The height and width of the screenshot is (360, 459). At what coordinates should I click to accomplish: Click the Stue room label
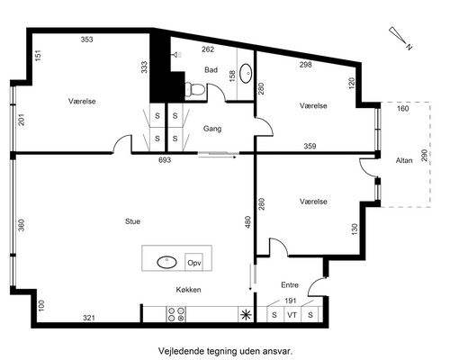[x=132, y=221]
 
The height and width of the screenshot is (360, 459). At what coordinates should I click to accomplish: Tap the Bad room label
[x=211, y=70]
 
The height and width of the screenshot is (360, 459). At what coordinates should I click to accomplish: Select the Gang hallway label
[x=212, y=129]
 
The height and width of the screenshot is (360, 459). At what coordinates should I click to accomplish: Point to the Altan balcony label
[x=404, y=160]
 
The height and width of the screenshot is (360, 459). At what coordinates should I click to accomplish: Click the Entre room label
[x=290, y=284]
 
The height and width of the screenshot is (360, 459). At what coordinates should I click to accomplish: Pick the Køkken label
[x=188, y=290]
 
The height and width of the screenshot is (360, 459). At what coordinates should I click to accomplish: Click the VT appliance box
[x=292, y=315]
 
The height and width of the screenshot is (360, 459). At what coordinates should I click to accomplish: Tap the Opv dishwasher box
[x=193, y=263]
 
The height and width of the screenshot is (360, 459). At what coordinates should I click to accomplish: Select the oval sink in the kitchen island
[x=166, y=263]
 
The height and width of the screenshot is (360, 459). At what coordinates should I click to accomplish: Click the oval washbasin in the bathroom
[x=246, y=73]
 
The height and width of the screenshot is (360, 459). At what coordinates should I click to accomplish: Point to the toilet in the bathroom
[x=194, y=89]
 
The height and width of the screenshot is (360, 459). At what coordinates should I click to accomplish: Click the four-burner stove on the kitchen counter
[x=176, y=314]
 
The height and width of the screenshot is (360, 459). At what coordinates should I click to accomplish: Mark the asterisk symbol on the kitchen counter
[x=246, y=315]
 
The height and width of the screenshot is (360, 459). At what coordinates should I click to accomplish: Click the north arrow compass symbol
[x=400, y=38]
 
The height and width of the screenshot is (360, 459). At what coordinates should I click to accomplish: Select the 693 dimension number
[x=165, y=160]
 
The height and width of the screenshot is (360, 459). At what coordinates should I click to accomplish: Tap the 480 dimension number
[x=247, y=222]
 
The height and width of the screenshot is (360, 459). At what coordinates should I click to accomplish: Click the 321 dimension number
[x=89, y=318]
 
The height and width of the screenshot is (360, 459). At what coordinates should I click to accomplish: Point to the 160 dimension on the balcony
[x=402, y=108]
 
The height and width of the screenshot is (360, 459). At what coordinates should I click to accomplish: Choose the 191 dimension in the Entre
[x=291, y=301]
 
